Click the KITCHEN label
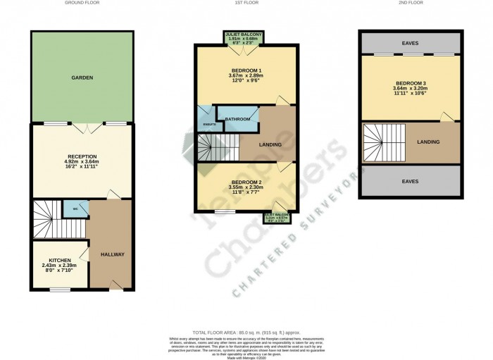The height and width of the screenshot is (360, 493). click(60, 260)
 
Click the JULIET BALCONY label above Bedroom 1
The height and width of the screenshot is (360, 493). click(244, 33)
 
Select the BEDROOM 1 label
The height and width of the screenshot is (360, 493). click(246, 71)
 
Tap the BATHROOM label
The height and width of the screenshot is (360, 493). click(237, 119)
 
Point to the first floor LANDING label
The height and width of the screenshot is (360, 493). click(270, 145)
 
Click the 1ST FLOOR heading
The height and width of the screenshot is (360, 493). click(245, 3)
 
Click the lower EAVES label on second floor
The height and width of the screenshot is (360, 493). click(410, 181)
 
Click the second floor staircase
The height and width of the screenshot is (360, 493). click(385, 143)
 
